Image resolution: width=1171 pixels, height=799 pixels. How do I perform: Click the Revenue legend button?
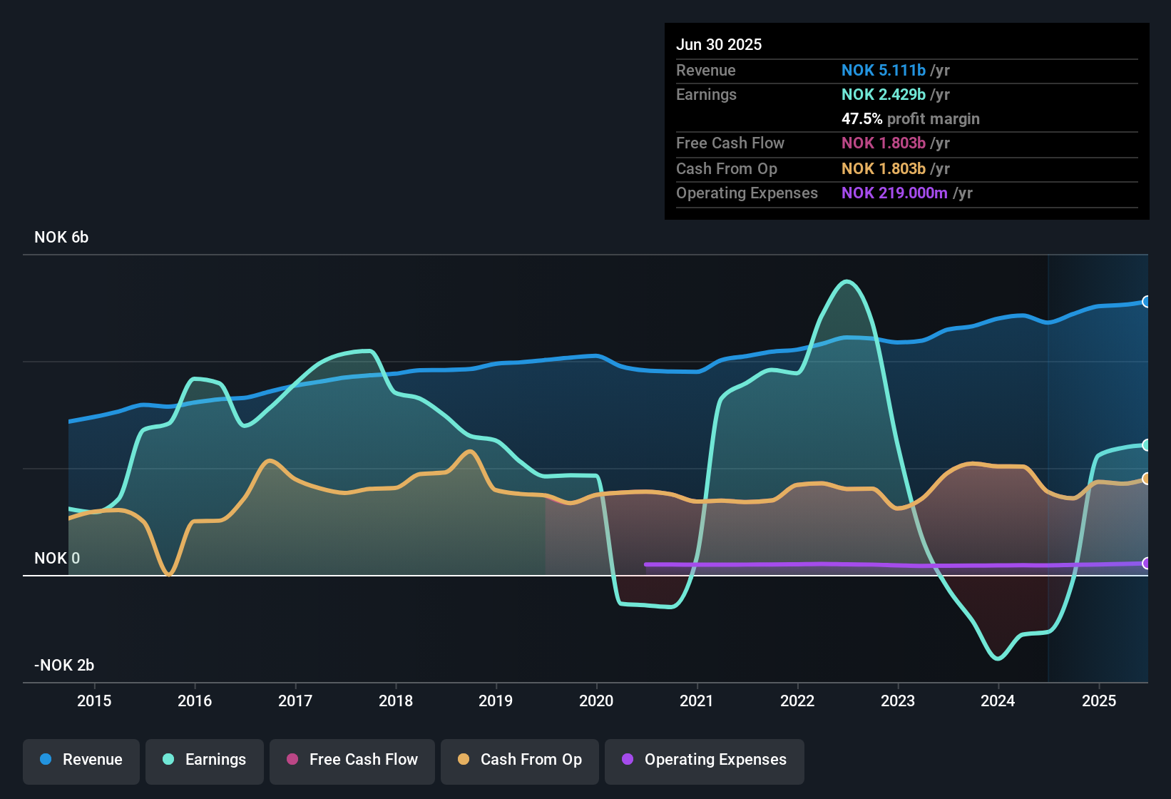click(x=81, y=760)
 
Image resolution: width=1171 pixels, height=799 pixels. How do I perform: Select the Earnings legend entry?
click(x=205, y=760)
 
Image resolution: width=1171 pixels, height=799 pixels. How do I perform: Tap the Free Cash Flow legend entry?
click(x=352, y=760)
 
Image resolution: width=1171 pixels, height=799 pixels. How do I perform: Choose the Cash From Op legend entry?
click(x=520, y=760)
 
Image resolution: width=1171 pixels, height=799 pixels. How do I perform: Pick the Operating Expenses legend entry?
click(x=705, y=760)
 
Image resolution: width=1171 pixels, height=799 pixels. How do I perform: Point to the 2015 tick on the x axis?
click(x=94, y=701)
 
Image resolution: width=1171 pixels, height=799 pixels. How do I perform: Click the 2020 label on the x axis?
click(x=596, y=701)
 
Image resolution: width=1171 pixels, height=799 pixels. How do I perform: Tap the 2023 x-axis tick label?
click(x=898, y=701)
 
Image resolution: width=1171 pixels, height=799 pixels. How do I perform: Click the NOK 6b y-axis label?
click(x=61, y=238)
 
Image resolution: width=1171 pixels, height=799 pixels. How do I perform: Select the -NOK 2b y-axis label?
click(x=64, y=666)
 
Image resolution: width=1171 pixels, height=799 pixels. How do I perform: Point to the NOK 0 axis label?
click(x=57, y=559)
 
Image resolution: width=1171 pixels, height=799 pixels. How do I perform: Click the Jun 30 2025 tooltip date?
click(x=719, y=45)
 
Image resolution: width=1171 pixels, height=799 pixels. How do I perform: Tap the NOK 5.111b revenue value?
click(x=884, y=71)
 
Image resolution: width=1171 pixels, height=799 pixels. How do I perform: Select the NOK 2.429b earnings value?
click(x=884, y=95)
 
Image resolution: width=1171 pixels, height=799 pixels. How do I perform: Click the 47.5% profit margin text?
click(x=910, y=119)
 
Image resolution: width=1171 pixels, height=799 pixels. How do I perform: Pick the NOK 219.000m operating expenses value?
click(x=894, y=193)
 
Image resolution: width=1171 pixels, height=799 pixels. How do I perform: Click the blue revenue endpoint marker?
click(x=1146, y=302)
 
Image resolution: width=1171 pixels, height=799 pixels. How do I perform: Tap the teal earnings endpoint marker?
click(x=1146, y=445)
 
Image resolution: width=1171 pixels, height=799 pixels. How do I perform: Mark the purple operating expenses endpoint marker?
click(x=1146, y=564)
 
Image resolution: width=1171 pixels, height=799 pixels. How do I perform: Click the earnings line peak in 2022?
click(x=847, y=281)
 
